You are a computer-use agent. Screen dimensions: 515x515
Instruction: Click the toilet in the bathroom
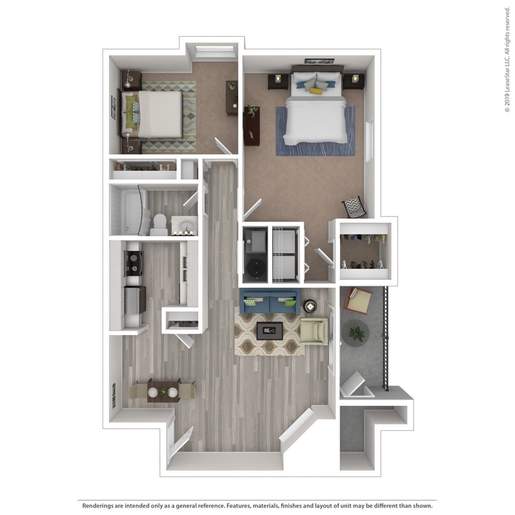coord(159,223)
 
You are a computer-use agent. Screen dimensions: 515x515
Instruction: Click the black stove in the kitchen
coord(134,262)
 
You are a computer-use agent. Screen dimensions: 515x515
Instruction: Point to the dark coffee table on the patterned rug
coord(268,331)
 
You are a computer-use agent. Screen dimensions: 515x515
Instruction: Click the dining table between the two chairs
coord(164,389)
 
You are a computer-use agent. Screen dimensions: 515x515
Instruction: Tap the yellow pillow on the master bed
coord(315,91)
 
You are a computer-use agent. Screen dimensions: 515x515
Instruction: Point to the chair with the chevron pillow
coord(354,207)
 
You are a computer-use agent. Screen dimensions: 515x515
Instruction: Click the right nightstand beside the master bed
coord(353,80)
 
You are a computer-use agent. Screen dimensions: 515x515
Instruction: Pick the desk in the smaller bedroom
coord(232,98)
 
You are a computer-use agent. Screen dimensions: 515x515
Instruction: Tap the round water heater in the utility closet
coord(254,264)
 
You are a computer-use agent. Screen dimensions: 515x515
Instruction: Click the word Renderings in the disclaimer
coord(101,506)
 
